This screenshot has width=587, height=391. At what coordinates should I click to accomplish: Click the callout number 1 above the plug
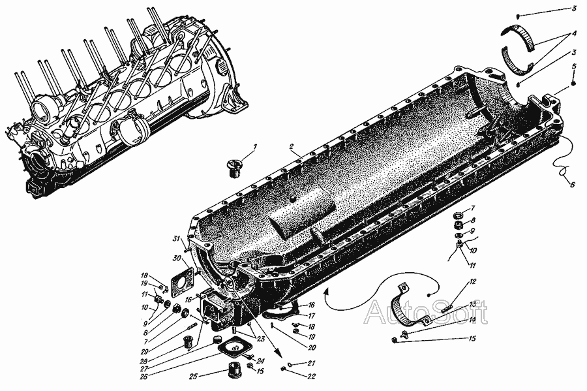pyautogui.click(x=255, y=147)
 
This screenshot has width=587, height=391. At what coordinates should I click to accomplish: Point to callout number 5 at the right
pyautogui.click(x=573, y=67)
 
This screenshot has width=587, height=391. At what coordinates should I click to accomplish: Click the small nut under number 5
pyautogui.click(x=573, y=84)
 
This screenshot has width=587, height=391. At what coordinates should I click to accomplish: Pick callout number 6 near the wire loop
pyautogui.click(x=571, y=184)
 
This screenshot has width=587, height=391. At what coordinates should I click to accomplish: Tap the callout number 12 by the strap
pyautogui.click(x=472, y=281)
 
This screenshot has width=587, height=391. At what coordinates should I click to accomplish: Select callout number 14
pyautogui.click(x=472, y=320)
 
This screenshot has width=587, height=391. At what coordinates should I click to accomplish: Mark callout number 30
pyautogui.click(x=177, y=258)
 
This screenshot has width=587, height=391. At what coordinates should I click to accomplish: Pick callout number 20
pyautogui.click(x=312, y=347)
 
